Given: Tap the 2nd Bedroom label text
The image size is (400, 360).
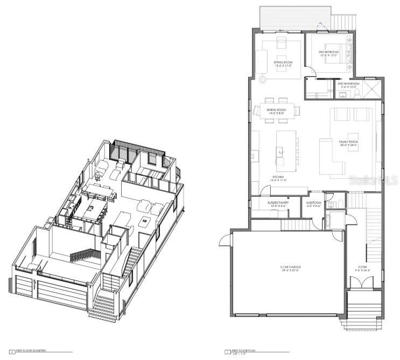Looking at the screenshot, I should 328,54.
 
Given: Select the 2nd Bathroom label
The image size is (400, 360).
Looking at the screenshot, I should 348,85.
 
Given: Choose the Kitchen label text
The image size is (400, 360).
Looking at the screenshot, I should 279,178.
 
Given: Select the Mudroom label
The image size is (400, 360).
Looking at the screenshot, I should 313,204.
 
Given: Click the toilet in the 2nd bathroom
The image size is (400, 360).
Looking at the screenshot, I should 355,94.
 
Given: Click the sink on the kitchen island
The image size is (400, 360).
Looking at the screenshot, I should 280,153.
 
